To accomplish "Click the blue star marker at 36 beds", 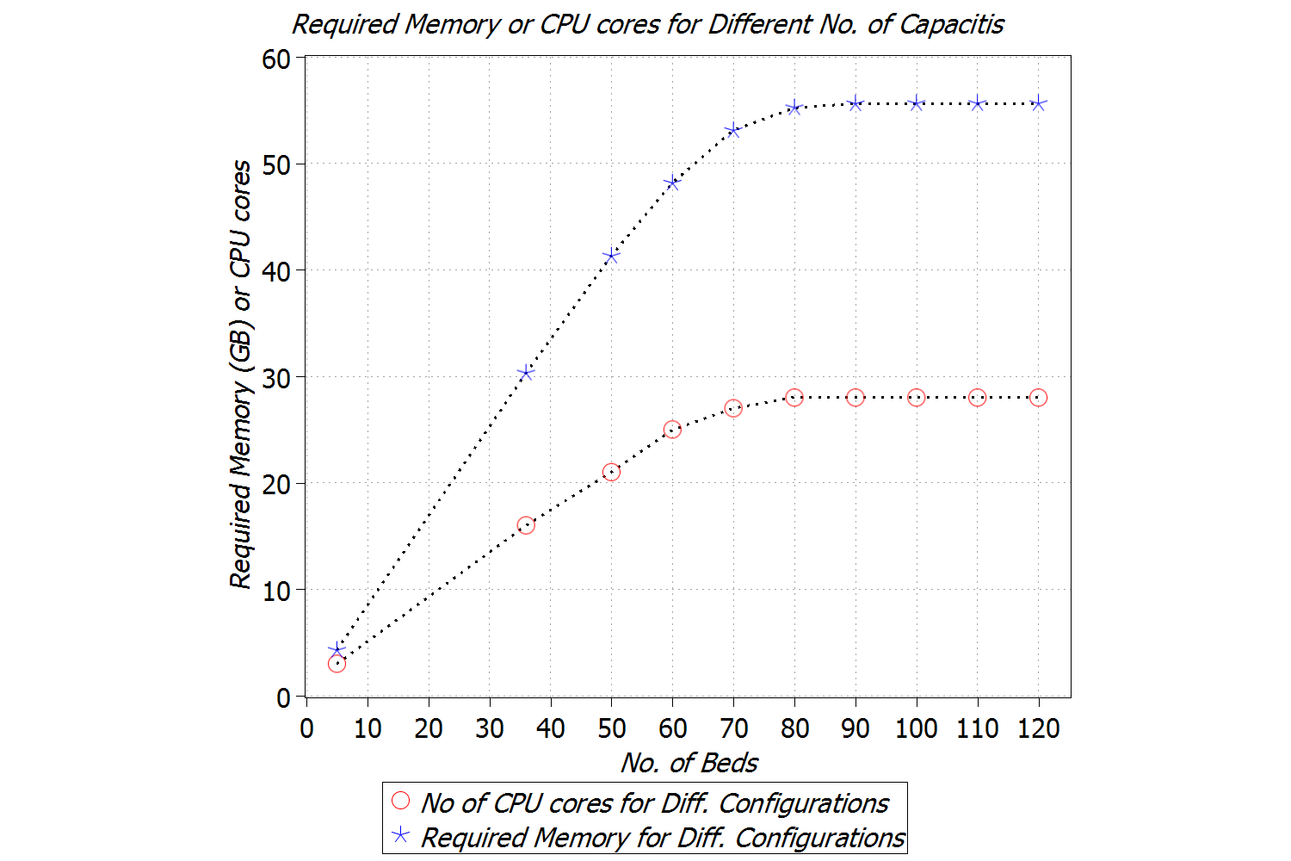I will point(526,373).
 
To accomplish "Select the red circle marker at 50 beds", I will point(611,472).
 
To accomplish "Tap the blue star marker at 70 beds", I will point(733,130).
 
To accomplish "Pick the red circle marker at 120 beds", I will point(1038,398).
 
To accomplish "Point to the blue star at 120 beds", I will point(1038,103).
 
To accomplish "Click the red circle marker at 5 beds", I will point(337,664).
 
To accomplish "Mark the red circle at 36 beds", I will point(526,525).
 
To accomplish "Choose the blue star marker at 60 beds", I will point(672,183).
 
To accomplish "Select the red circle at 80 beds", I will point(794,398).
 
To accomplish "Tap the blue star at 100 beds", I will point(917,103).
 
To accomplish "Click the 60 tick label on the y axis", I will point(276,59).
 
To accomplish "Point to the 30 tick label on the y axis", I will point(276,378).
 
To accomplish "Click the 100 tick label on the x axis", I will point(916,728).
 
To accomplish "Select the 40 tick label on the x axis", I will point(550,728).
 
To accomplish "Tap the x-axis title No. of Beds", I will point(689,763).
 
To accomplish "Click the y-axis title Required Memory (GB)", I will point(241,374).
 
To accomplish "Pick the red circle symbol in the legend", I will point(400,801).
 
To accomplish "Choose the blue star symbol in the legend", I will point(400,835).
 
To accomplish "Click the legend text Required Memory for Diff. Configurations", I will point(662,837).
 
